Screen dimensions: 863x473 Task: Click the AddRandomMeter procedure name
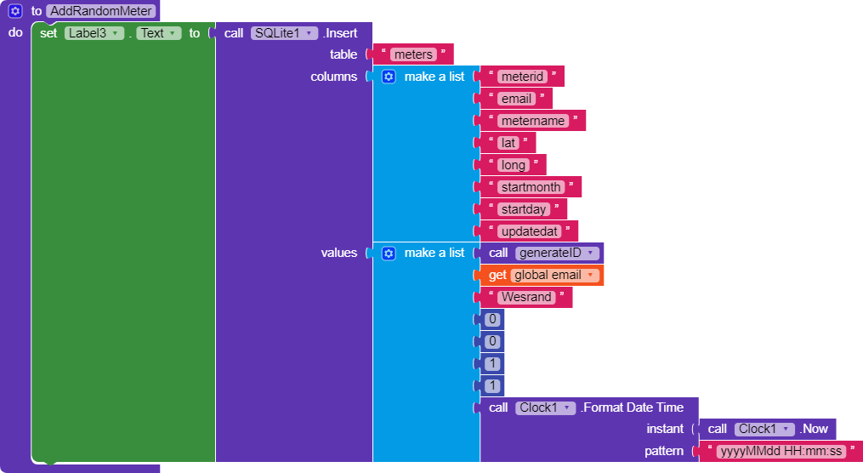[x=100, y=11]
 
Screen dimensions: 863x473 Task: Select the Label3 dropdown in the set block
[x=94, y=33]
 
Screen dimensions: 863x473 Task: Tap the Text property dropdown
[x=158, y=33]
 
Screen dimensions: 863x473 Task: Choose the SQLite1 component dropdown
[x=284, y=33]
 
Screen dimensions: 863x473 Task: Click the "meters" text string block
[x=413, y=54]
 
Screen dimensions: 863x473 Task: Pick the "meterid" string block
[x=522, y=77]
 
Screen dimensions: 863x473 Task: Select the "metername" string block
[x=532, y=121]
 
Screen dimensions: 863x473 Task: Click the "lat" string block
[x=508, y=143]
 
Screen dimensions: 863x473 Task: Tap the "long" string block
[x=513, y=165]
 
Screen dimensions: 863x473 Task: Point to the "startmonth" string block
[x=531, y=187]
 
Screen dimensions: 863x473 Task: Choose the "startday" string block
[x=523, y=209]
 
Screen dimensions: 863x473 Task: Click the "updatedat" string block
[x=529, y=231]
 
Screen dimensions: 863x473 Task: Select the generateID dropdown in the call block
[x=557, y=254]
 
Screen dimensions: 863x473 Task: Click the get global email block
[x=542, y=276]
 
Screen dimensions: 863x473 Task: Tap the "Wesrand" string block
[x=525, y=298]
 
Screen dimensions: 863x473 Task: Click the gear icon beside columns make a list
[x=389, y=77]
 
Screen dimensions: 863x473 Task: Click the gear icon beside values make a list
[x=389, y=254]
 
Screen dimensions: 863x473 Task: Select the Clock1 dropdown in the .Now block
[x=764, y=429]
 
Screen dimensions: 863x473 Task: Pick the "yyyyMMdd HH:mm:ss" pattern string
[x=781, y=451]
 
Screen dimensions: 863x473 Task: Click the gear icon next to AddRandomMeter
[x=15, y=11]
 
